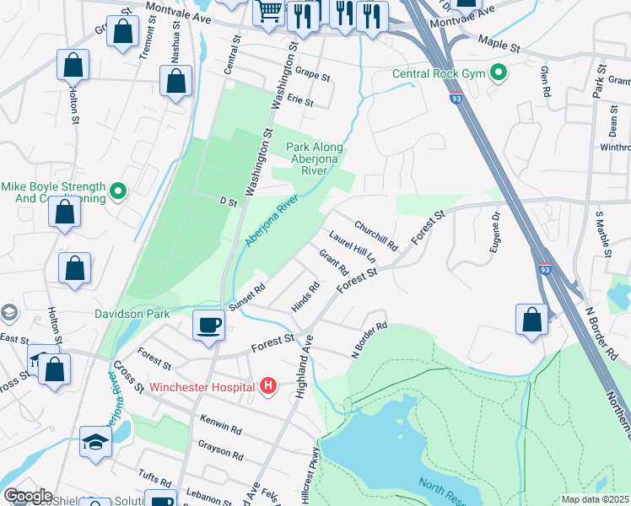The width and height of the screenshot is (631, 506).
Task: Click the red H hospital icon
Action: pos(268,387)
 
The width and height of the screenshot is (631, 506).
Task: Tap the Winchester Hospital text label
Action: pos(203,388)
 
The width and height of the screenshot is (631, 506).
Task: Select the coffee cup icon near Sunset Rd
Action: pos(208,324)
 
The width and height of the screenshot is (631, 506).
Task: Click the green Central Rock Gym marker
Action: pos(498,73)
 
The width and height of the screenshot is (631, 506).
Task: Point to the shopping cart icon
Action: pos(269,13)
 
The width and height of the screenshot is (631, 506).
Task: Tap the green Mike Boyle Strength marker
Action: pos(118,192)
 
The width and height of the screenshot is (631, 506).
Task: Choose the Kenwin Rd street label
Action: pos(221,424)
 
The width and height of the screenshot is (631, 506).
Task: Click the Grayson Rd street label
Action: pos(220,448)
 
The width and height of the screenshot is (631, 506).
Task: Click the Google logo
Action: pos(27,496)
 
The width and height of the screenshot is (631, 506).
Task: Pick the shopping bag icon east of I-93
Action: pos(531,320)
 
